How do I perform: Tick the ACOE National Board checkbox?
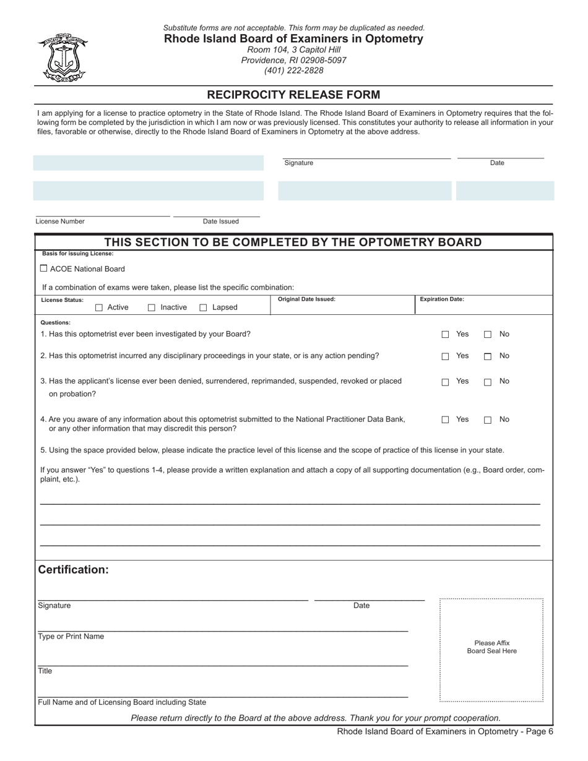click(43, 269)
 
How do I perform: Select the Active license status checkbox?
click(99, 307)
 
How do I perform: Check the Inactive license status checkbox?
click(152, 307)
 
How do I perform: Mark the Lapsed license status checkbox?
click(203, 307)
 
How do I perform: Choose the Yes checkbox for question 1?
click(445, 335)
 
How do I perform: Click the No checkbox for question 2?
click(488, 356)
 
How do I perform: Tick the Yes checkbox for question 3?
click(445, 382)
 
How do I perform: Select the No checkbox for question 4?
click(488, 420)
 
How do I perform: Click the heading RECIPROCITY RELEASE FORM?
click(293, 95)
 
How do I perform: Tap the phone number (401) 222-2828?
click(293, 71)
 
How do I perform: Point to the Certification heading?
click(74, 569)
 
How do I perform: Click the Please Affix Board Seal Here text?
click(491, 647)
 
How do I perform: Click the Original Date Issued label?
click(306, 299)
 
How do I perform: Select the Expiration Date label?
click(442, 299)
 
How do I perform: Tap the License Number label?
click(60, 221)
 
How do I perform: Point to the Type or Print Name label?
click(71, 637)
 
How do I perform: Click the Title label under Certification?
click(45, 671)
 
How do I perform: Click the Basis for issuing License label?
click(78, 254)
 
